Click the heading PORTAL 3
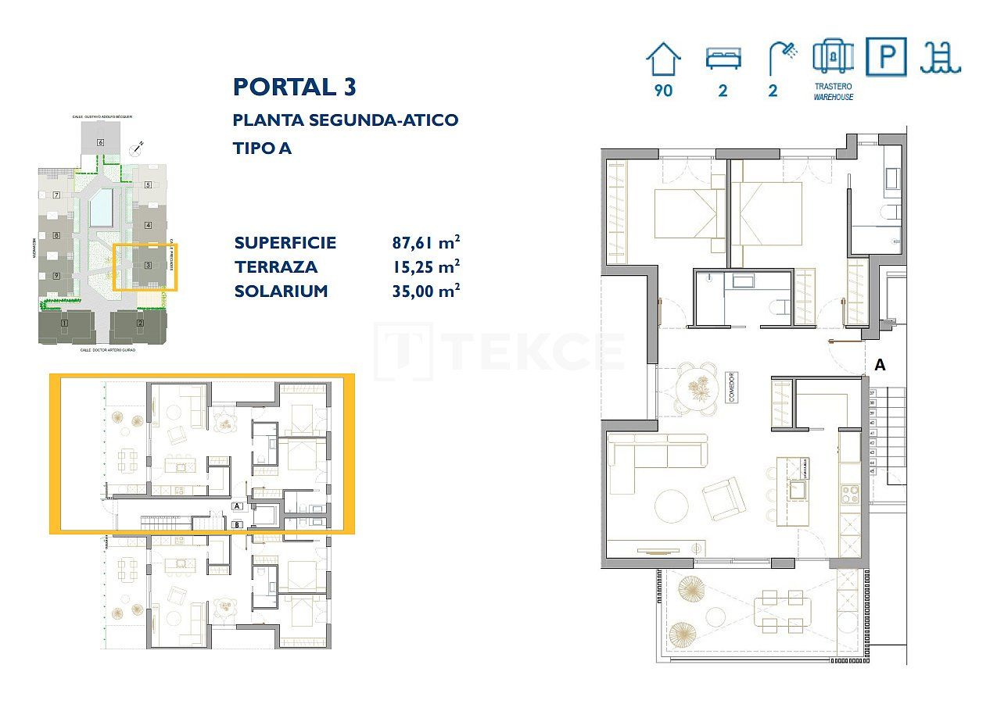[294, 87]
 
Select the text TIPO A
[262, 148]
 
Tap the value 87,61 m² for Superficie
[425, 242]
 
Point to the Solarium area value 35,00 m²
[425, 291]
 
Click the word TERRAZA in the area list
[276, 266]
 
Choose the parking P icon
[886, 57]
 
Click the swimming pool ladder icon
[941, 57]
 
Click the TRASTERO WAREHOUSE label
[833, 91]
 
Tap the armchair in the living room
[724, 499]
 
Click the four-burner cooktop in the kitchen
[849, 495]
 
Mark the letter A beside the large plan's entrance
[880, 365]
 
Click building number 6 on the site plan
[100, 142]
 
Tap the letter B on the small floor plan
[237, 524]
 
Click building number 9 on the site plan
[56, 276]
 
